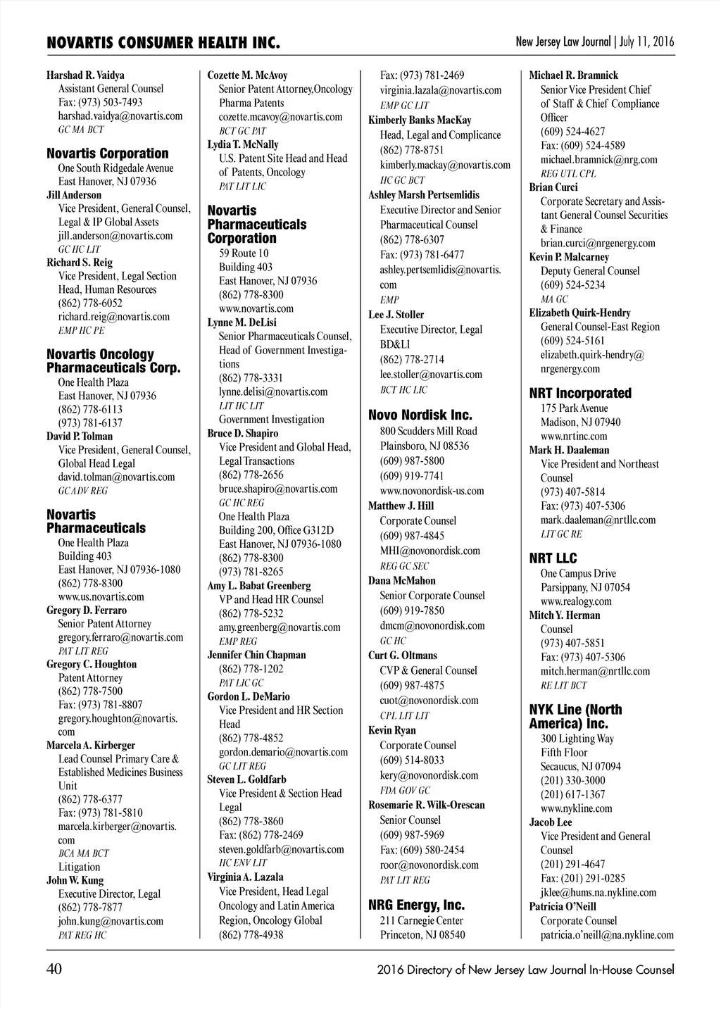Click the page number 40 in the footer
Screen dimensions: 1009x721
point(54,970)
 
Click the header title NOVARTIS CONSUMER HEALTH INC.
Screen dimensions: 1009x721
point(163,44)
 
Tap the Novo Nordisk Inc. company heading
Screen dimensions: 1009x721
point(420,415)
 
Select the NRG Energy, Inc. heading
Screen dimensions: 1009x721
point(416,905)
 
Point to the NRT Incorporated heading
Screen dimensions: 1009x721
point(580,393)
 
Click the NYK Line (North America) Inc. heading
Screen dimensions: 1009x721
point(575,716)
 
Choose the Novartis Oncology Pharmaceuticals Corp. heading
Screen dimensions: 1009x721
point(113,361)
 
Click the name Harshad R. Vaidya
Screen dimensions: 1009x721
point(85,75)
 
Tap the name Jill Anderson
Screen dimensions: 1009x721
point(74,195)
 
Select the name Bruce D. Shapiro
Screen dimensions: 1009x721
point(242,434)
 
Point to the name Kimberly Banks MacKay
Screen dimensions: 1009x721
point(420,120)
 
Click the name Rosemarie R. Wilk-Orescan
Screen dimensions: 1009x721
point(426,805)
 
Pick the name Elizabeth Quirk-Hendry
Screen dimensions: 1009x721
point(579,313)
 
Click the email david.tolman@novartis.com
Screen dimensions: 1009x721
point(116,477)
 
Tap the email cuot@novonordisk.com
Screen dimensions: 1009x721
point(429,701)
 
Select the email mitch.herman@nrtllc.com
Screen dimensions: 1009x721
point(595,671)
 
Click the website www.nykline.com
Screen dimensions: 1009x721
point(576,808)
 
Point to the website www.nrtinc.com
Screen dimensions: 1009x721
point(574,436)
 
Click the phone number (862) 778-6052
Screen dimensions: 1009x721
point(90,303)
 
